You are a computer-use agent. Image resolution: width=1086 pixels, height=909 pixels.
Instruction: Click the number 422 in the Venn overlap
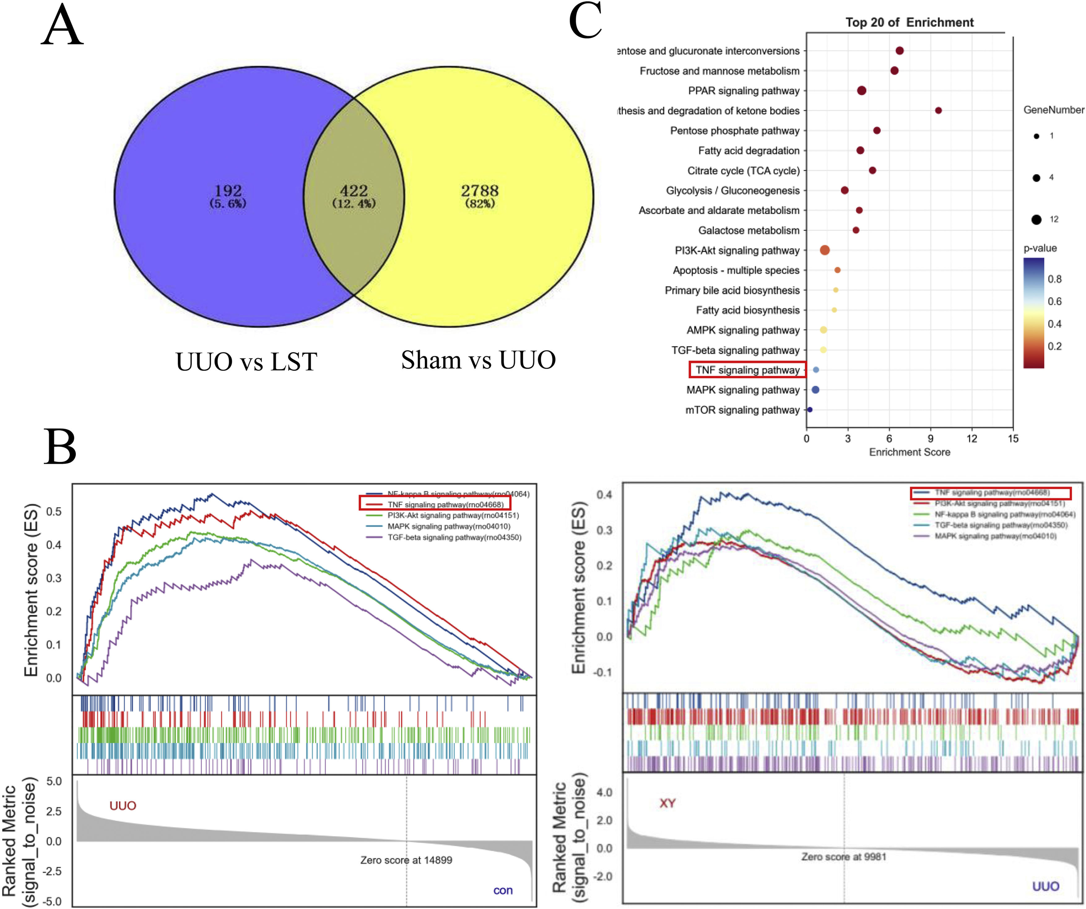click(354, 191)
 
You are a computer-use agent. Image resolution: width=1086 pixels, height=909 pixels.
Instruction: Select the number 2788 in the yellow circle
click(480, 191)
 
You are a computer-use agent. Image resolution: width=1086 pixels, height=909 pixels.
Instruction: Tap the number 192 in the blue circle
click(228, 191)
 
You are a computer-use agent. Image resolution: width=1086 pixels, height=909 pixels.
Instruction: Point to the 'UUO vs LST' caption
click(246, 362)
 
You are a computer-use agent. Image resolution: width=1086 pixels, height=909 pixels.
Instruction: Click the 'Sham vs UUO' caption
click(478, 360)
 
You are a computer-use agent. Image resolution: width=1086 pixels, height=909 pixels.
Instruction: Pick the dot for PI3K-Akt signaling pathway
click(825, 250)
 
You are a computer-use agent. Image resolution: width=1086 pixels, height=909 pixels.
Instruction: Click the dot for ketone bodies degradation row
click(939, 111)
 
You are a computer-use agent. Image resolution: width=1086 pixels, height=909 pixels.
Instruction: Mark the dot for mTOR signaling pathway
click(810, 410)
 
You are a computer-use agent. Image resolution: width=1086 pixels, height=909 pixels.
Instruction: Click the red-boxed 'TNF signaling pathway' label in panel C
click(747, 370)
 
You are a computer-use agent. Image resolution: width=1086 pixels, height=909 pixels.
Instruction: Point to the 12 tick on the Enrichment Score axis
click(972, 439)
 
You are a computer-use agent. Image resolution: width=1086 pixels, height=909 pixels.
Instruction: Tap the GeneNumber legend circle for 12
click(1036, 220)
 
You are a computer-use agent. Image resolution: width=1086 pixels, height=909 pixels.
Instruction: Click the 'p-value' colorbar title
click(1040, 249)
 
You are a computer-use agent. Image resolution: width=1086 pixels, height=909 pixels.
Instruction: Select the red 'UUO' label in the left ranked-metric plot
click(123, 806)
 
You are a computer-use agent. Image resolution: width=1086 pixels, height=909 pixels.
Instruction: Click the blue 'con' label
click(503, 890)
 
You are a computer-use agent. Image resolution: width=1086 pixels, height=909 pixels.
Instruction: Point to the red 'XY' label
click(667, 803)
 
